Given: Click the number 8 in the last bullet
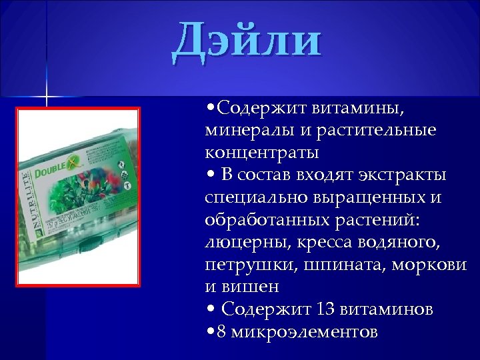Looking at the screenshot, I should pyautogui.click(x=219, y=332).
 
